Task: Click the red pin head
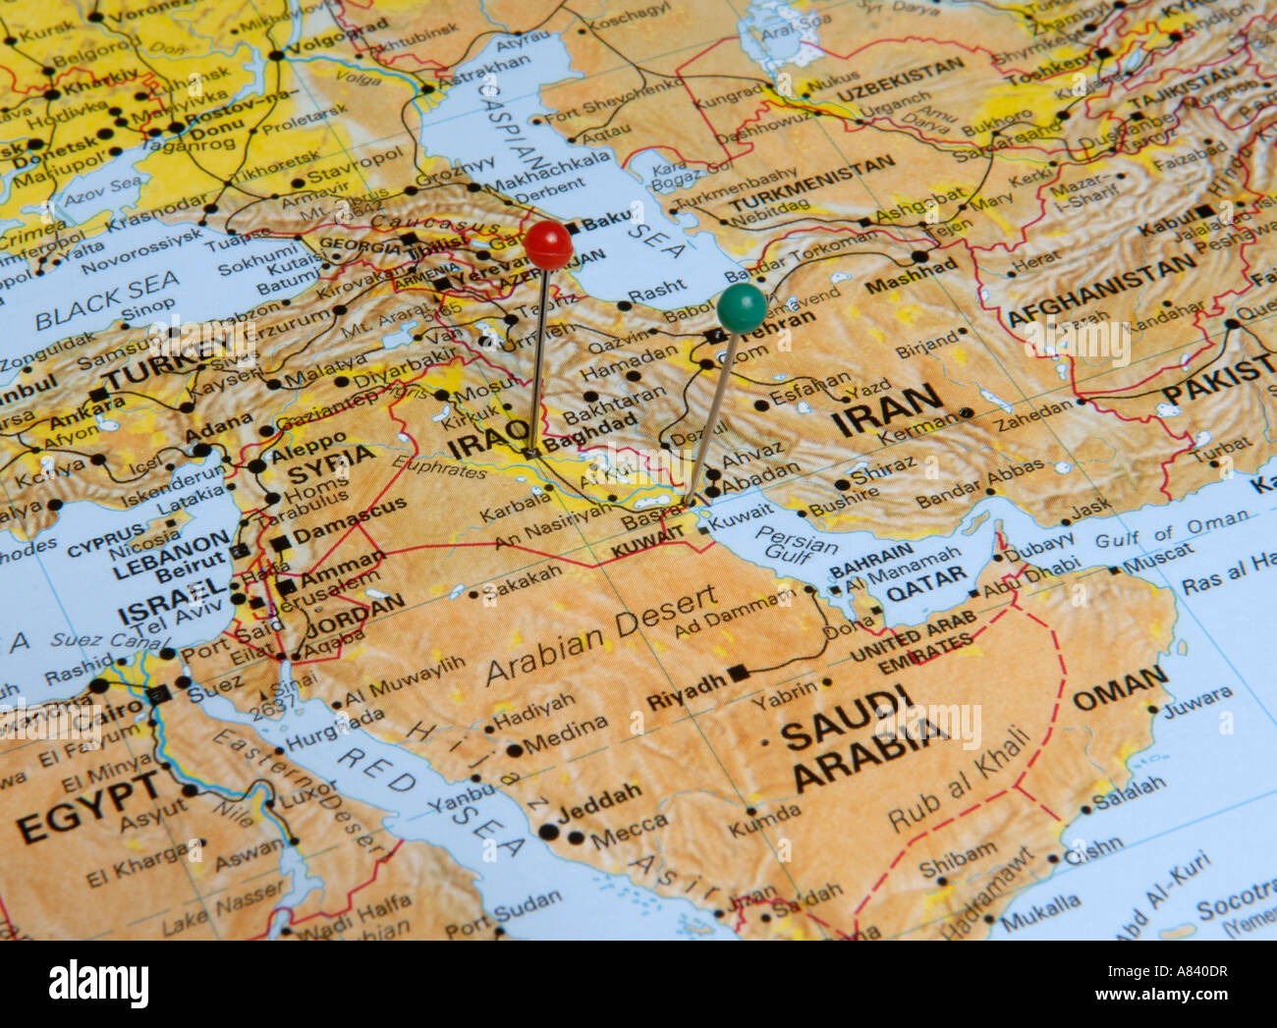click(x=547, y=243)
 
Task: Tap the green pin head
click(x=742, y=306)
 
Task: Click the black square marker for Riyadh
click(x=739, y=674)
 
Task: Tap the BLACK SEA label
click(x=108, y=300)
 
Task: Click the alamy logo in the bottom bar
click(x=98, y=983)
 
